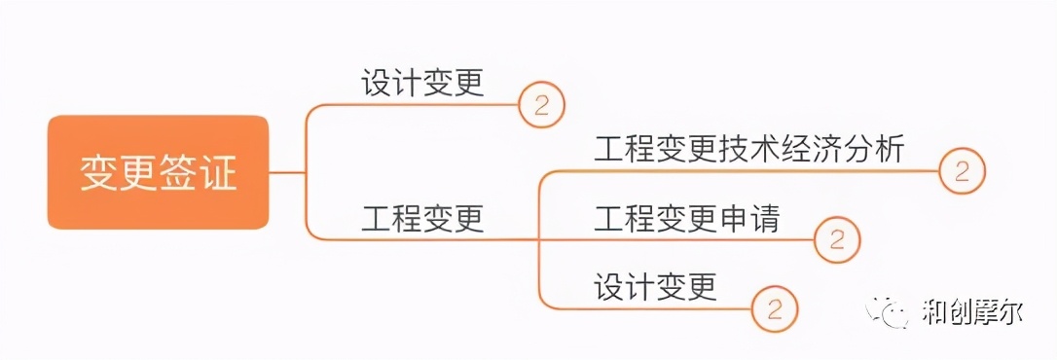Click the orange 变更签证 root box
(x=158, y=172)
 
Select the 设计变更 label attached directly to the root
(x=422, y=83)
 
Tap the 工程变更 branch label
(x=422, y=218)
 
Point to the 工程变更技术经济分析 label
(x=749, y=150)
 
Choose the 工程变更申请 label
(x=687, y=218)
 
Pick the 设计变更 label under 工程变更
(x=656, y=286)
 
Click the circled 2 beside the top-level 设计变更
(x=541, y=104)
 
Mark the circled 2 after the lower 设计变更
(x=775, y=308)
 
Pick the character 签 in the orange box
(x=178, y=173)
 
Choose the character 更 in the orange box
(x=138, y=173)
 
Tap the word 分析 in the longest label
(x=874, y=150)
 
